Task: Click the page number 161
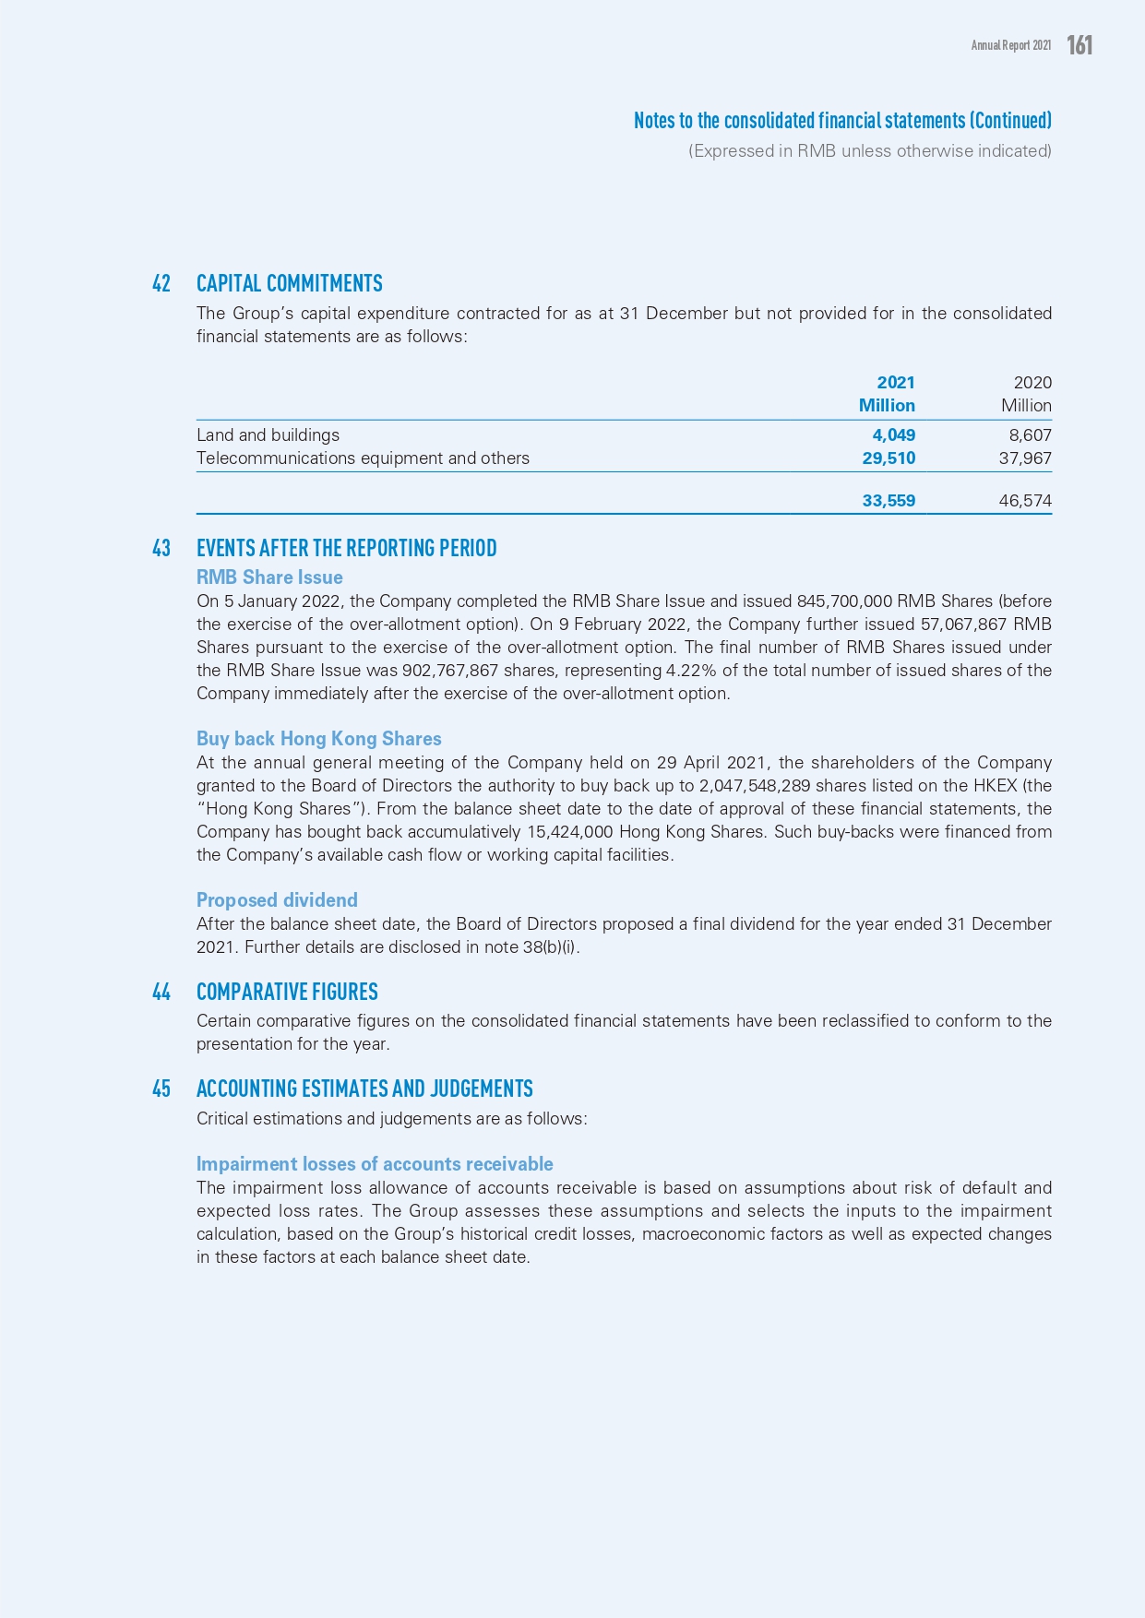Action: pos(1079,45)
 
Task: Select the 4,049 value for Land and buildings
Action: pos(893,435)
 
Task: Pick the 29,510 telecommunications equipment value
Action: pos(889,458)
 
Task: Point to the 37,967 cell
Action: pos(1025,458)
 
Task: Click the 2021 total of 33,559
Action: pos(889,501)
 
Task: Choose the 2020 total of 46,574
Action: pos(1025,501)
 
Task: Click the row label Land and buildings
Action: pos(268,435)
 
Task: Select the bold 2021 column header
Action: pos(895,383)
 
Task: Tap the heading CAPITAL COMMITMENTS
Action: pos(289,283)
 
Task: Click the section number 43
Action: pos(161,548)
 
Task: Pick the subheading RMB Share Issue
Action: pos(269,577)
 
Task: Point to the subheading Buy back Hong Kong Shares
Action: pos(318,739)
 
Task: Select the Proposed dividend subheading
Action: pos(277,900)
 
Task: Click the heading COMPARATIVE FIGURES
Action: pos(287,992)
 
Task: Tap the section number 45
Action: pos(161,1089)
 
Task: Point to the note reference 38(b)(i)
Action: pos(550,947)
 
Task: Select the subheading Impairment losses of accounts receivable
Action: pos(375,1164)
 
